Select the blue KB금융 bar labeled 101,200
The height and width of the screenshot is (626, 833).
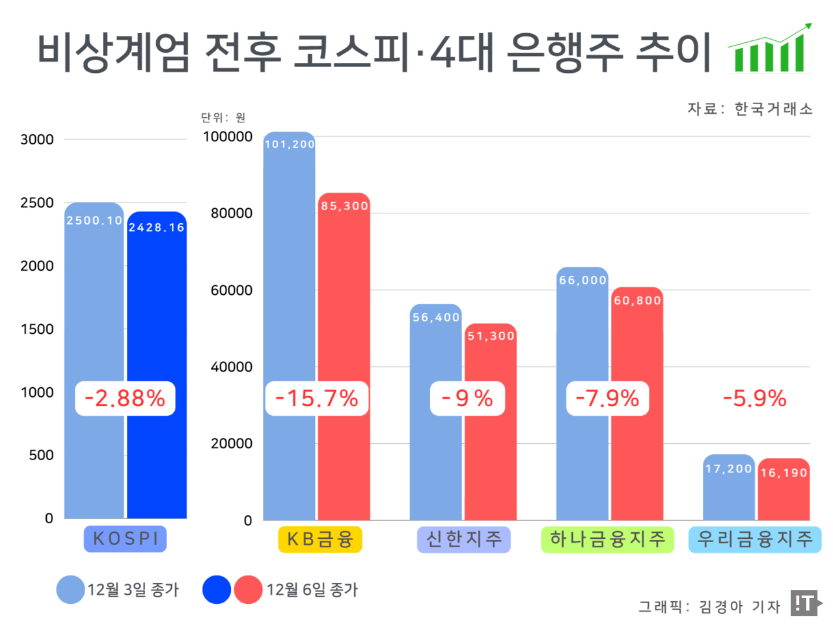click(289, 273)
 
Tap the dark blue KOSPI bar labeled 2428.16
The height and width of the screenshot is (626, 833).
click(157, 312)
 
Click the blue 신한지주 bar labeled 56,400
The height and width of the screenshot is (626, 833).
click(435, 351)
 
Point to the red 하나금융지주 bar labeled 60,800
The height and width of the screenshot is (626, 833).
click(636, 351)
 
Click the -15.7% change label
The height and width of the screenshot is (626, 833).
click(317, 398)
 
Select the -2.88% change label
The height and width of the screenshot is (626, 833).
click(125, 398)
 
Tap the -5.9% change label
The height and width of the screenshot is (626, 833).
click(755, 398)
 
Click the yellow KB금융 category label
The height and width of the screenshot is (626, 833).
click(320, 539)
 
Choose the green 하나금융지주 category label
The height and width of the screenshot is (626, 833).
click(607, 539)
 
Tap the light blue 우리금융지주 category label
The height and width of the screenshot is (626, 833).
click(755, 539)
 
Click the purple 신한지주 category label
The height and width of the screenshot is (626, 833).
click(463, 539)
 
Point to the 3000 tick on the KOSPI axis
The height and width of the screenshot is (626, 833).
click(37, 139)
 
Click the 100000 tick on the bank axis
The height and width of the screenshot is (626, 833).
click(228, 137)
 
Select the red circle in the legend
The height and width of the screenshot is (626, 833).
click(248, 590)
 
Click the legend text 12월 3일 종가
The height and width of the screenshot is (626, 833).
click(133, 590)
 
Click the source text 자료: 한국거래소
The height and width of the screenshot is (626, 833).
click(750, 109)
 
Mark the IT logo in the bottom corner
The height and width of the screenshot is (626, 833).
click(805, 603)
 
